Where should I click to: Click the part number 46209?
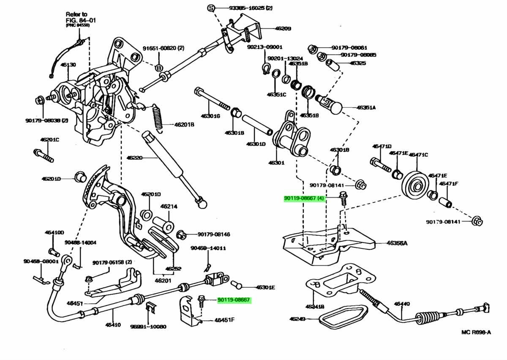coord(283,29)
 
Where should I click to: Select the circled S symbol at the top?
coord(211,8)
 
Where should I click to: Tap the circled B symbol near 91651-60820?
coord(159,68)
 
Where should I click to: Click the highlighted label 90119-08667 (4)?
coord(304,198)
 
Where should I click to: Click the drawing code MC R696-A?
coord(476,332)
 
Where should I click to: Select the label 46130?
coord(68,65)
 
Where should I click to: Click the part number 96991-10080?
coord(148,327)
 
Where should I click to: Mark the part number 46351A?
coord(366,107)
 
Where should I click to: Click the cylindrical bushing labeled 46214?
coord(164,223)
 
